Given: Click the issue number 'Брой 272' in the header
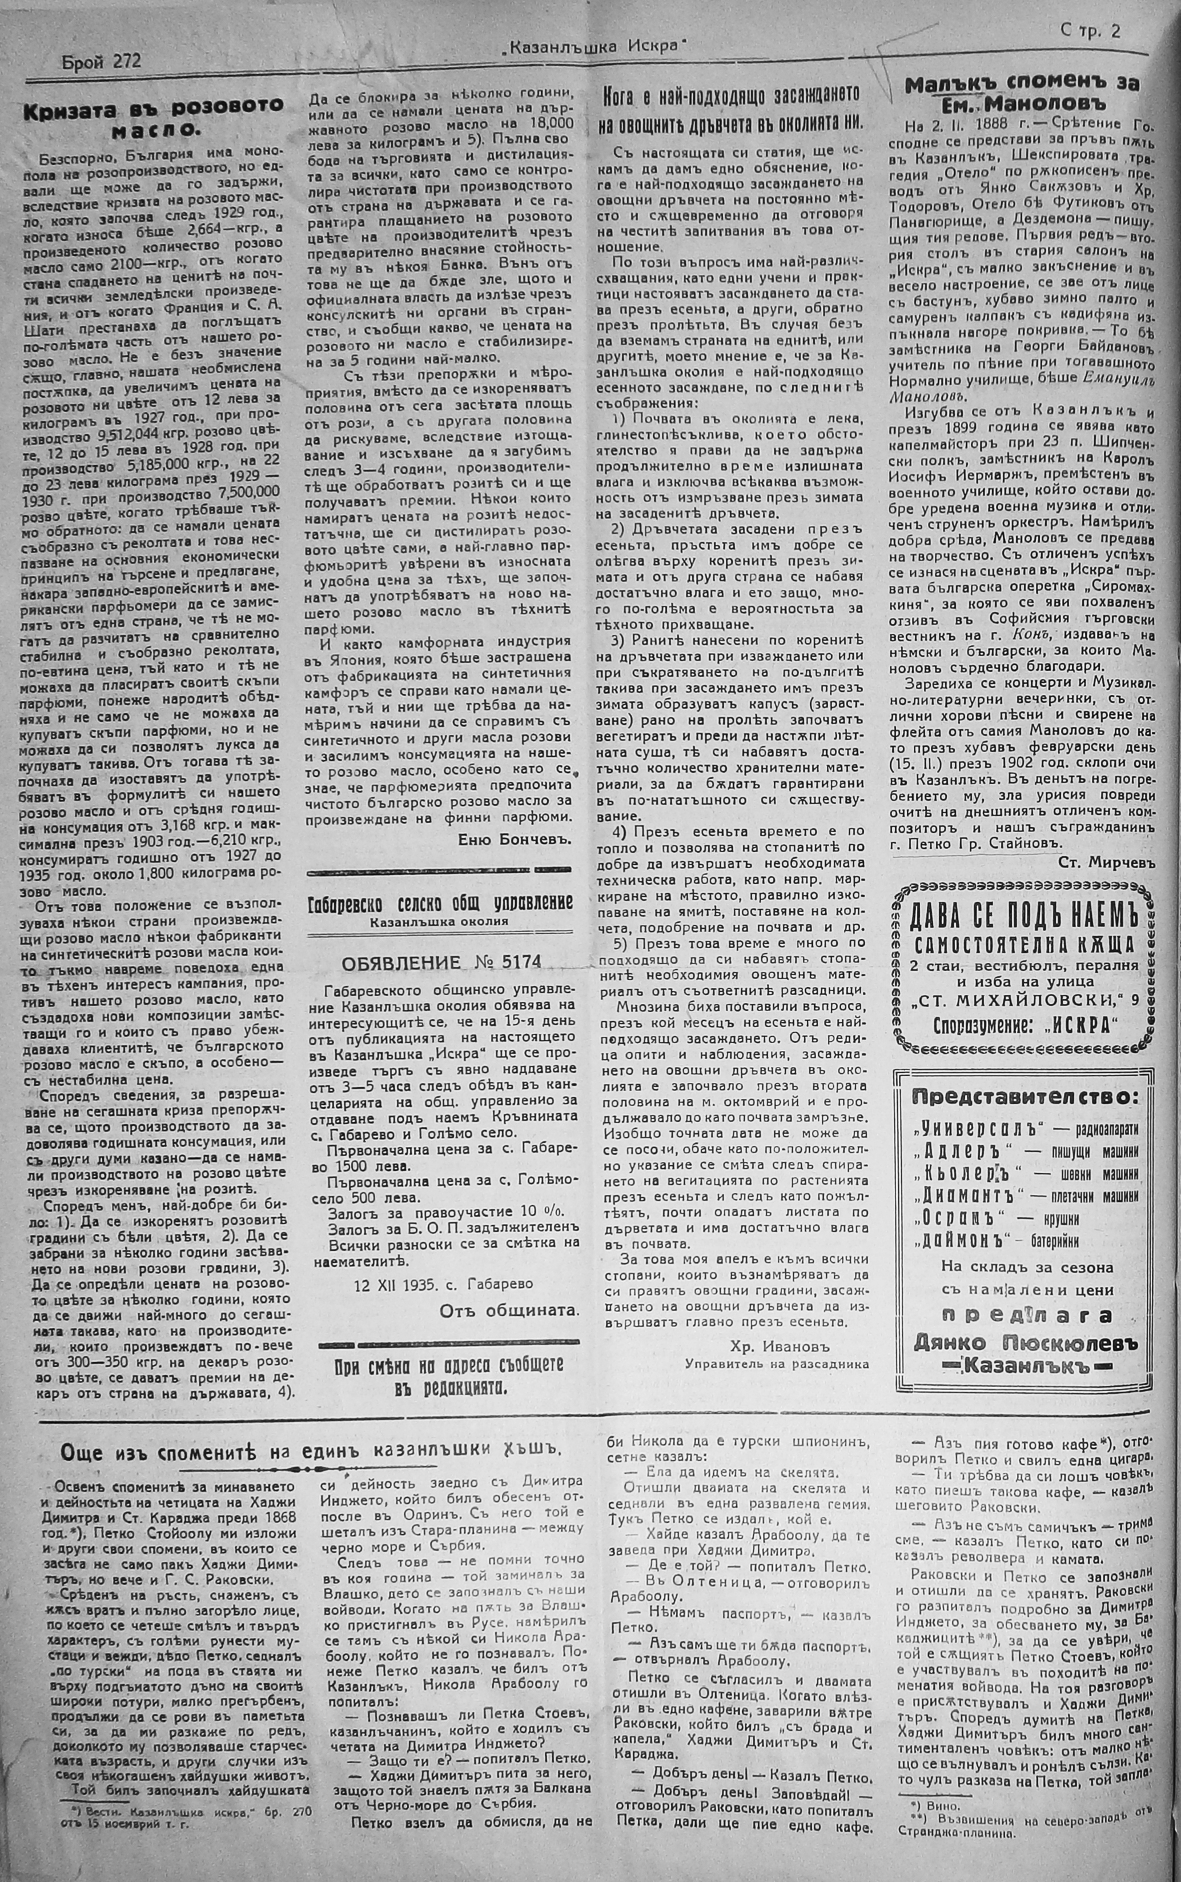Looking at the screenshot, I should coord(101,62).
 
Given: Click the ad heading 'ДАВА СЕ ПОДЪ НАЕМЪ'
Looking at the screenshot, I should coord(1024,917).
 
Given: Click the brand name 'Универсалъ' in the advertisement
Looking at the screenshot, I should coord(960,1129).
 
